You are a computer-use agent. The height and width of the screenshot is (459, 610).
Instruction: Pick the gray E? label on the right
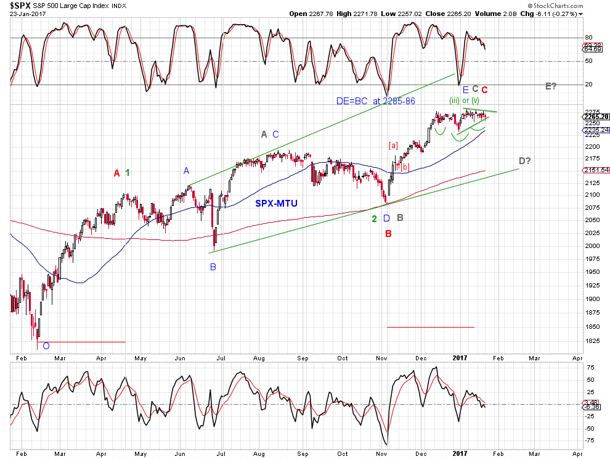551,86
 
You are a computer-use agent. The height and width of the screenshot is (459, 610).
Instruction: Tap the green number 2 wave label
374,218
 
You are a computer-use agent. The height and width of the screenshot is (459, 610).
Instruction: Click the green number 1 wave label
128,156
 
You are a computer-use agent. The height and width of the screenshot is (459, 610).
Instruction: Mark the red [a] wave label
394,145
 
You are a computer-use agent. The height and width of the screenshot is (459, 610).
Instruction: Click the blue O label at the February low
46,346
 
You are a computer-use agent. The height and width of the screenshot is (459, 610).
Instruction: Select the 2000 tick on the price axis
591,246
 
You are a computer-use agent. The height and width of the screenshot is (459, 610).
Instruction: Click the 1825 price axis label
591,341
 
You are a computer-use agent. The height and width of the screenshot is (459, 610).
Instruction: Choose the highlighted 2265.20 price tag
595,117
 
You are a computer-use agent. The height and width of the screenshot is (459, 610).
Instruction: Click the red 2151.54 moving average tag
595,170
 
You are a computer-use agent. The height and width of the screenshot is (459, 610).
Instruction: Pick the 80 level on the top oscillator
588,38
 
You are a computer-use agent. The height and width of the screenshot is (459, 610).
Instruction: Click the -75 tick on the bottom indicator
590,440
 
